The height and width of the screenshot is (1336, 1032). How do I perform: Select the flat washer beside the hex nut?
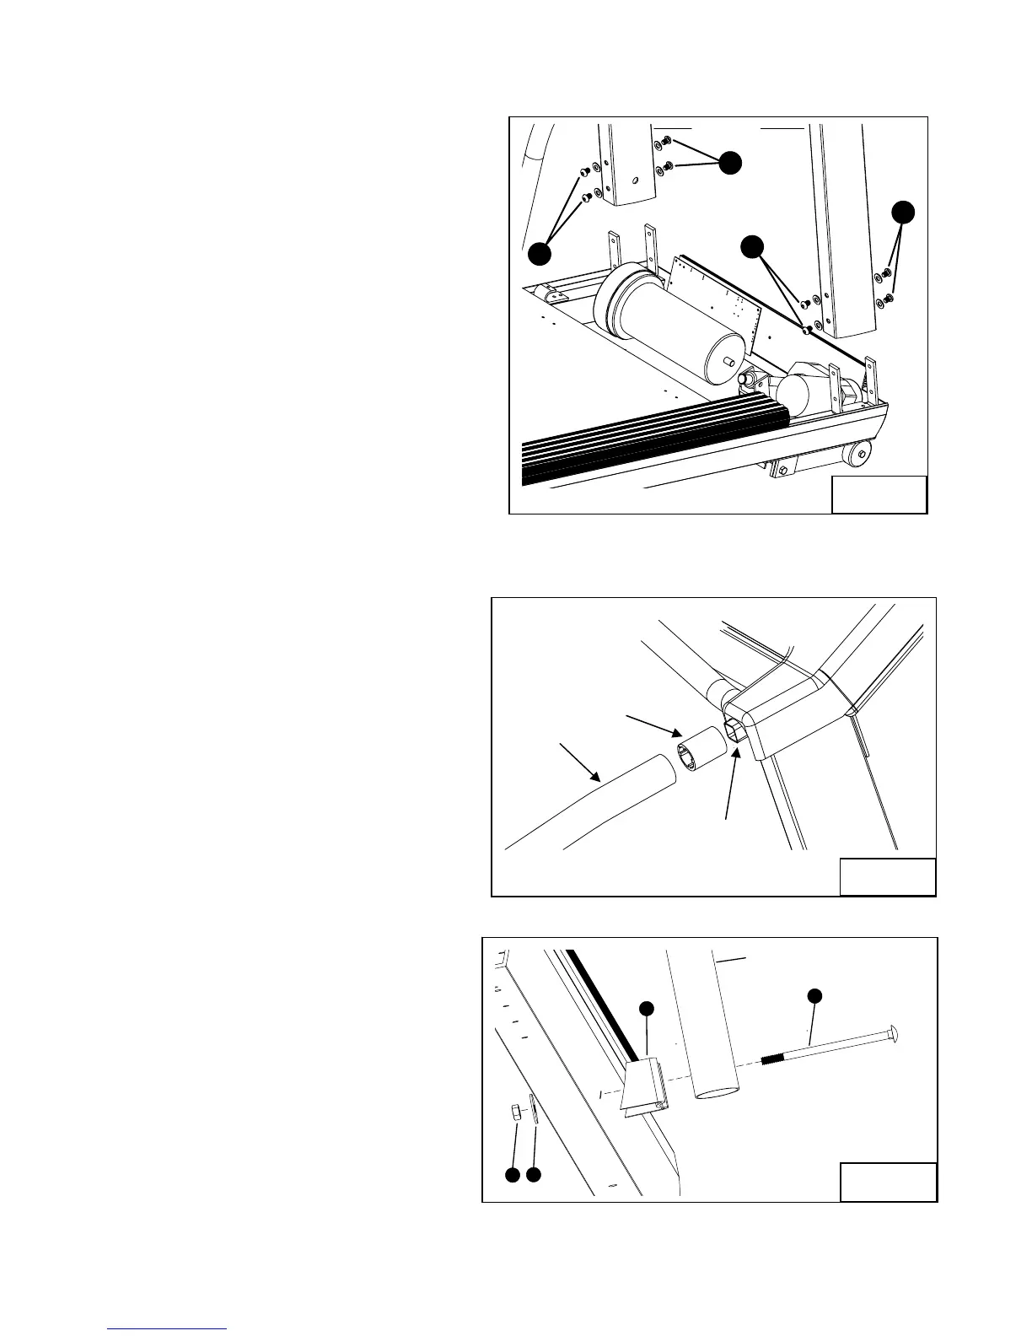[533, 1108]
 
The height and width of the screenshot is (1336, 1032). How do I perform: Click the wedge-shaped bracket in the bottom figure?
[644, 1088]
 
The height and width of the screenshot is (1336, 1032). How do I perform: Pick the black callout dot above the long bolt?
[814, 996]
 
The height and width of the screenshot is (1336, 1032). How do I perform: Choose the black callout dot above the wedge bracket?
[646, 1008]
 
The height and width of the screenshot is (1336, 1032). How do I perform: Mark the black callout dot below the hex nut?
[512, 1174]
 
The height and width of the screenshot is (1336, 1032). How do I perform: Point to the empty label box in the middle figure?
[887, 876]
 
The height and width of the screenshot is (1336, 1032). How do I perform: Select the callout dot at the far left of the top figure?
[540, 252]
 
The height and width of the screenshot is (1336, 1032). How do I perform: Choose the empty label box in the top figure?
[879, 495]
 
